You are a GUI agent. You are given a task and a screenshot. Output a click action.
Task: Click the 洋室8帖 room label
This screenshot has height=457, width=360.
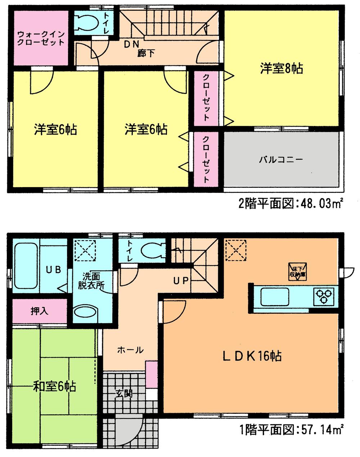click(282, 68)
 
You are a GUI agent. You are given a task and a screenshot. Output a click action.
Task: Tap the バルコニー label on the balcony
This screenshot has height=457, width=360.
click(281, 159)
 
